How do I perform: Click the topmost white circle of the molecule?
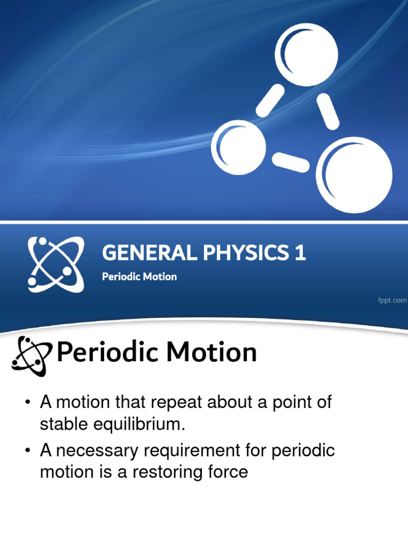[x=305, y=55]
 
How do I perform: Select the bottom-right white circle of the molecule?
[x=354, y=175]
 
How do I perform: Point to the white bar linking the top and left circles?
[x=270, y=99]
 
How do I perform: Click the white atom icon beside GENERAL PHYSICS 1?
[x=55, y=264]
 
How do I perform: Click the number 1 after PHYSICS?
[x=301, y=253]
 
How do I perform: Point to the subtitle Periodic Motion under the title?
[x=139, y=277]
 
